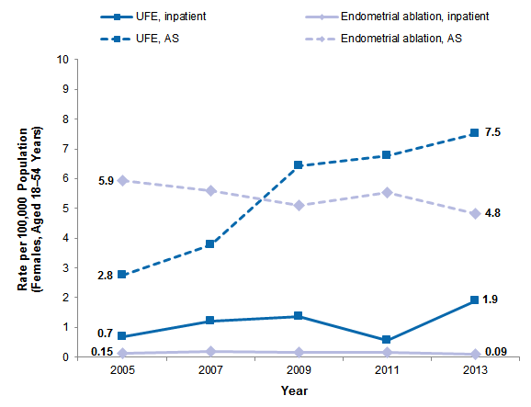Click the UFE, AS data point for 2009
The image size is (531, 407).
tap(298, 165)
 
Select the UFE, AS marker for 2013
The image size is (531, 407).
tap(474, 133)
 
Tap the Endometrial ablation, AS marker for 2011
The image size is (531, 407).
tap(386, 192)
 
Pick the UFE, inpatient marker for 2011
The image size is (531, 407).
tap(386, 340)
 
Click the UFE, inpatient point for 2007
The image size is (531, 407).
tap(210, 321)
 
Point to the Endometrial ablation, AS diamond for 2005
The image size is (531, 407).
tap(122, 181)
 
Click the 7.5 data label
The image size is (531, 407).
tap(491, 133)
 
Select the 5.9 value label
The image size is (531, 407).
tap(105, 181)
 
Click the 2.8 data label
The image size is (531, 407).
tap(105, 274)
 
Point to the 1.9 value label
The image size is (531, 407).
tap(491, 300)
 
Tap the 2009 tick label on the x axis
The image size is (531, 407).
tap(298, 371)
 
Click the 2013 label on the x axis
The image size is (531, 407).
tap(474, 371)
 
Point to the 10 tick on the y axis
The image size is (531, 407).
tap(64, 60)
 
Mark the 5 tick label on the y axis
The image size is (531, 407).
tap(67, 209)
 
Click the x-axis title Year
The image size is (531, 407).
tap(294, 392)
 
